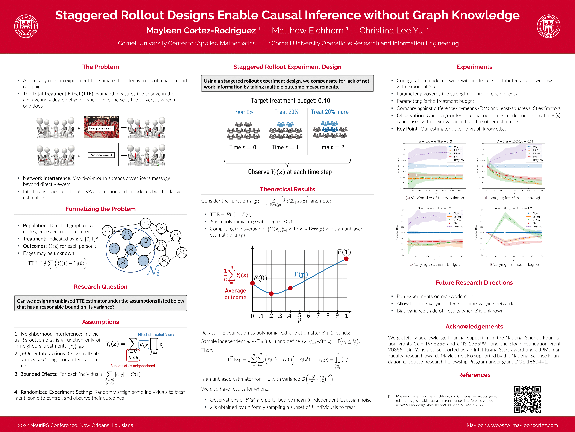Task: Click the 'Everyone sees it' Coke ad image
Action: pos(101,127)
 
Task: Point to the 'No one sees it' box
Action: pos(101,155)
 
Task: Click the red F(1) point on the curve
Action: pos(346,259)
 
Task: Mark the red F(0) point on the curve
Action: pos(252,283)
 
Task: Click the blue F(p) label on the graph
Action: pos(301,274)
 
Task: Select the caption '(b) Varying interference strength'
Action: pos(514,198)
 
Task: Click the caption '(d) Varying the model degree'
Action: pos(513,264)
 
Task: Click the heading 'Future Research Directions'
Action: pos(474,283)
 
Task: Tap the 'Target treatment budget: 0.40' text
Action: pos(290,101)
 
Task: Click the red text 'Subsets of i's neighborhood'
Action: pos(133,366)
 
